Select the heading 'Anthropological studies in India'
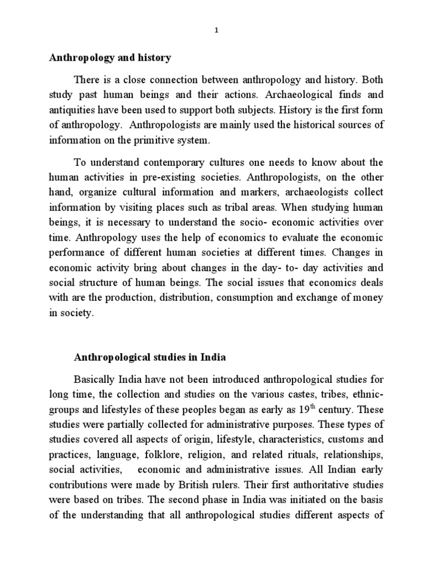click(150, 357)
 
